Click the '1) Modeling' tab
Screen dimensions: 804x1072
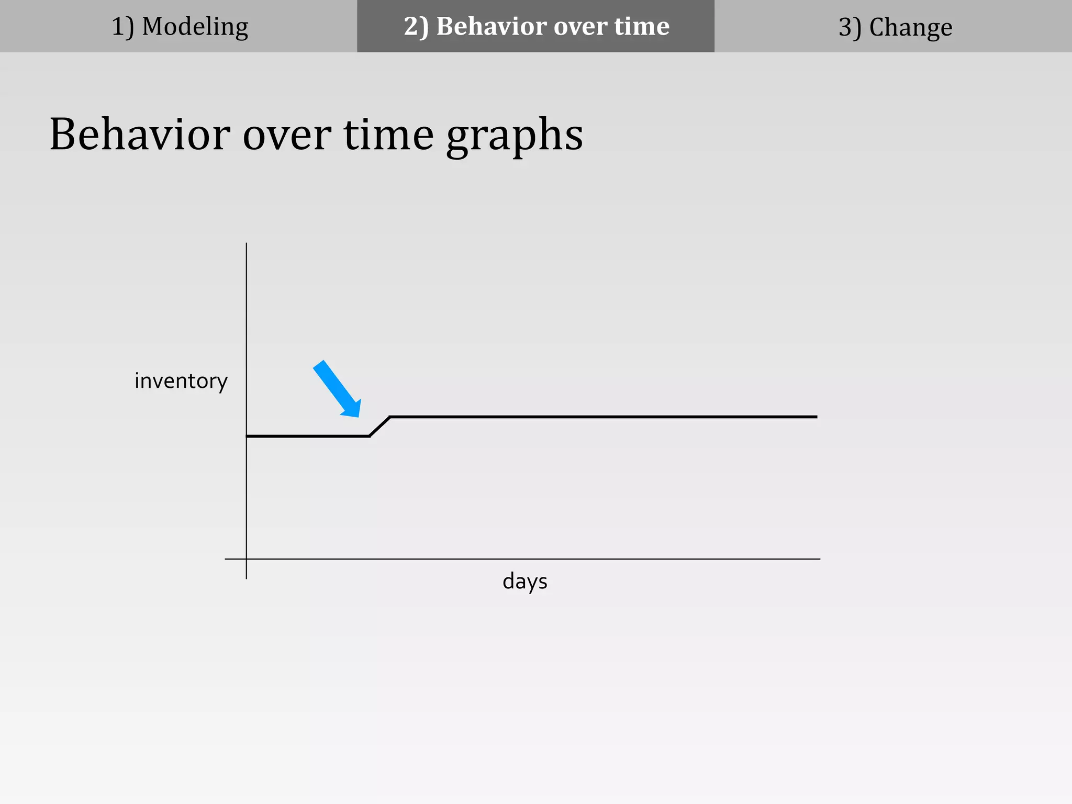[x=178, y=26]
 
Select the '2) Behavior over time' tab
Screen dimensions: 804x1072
[x=535, y=26]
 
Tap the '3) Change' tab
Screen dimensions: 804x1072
[x=894, y=26]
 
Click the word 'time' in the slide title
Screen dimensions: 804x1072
[x=388, y=135]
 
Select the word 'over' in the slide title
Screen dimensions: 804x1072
[x=286, y=135]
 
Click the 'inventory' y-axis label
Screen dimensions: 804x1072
[x=181, y=381]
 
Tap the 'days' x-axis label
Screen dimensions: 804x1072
[x=524, y=582]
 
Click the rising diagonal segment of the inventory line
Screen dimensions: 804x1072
[x=380, y=427]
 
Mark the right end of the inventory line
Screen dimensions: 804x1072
[x=816, y=417]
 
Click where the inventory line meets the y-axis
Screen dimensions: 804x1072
[x=247, y=436]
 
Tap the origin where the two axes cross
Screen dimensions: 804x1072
[x=247, y=559]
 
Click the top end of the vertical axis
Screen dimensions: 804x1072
[x=247, y=244]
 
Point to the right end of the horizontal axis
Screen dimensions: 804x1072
[x=819, y=559]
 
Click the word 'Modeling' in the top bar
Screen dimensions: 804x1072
[x=195, y=26]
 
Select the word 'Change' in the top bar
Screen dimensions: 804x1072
[x=910, y=27]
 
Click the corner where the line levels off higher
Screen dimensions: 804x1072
[x=390, y=417]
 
